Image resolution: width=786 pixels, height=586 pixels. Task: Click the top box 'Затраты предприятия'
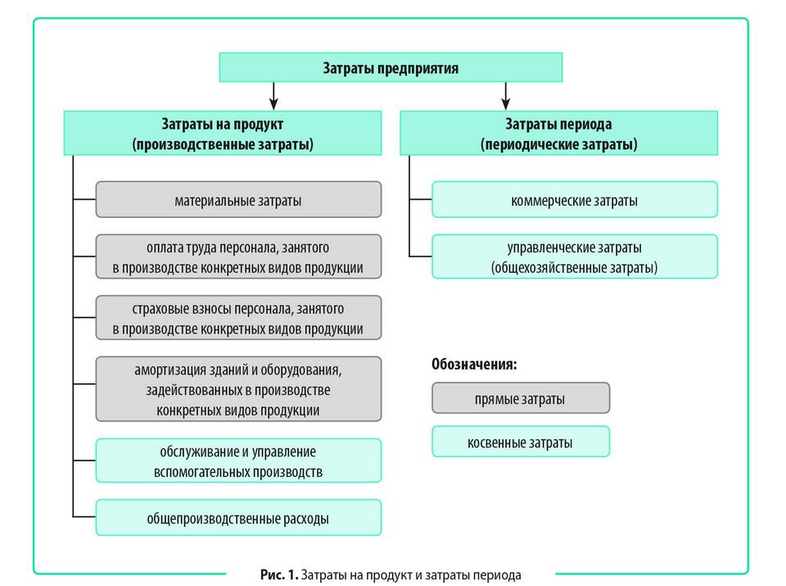click(x=390, y=68)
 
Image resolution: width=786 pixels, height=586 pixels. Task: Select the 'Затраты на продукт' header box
click(x=223, y=134)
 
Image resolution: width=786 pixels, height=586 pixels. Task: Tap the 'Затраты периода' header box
click(x=558, y=134)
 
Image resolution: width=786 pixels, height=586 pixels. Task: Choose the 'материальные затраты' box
click(x=238, y=200)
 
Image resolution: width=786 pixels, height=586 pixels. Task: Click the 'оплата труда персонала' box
click(x=238, y=257)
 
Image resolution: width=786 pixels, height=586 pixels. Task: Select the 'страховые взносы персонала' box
click(x=238, y=319)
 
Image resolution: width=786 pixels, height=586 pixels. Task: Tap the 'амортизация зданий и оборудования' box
click(x=238, y=388)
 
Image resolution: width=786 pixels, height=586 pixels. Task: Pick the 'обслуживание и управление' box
click(x=238, y=461)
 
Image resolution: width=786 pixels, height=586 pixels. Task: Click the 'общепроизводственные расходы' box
click(x=238, y=518)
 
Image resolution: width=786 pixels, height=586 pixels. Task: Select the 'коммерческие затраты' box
click(x=574, y=200)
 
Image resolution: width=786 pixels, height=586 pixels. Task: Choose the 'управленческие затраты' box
click(x=574, y=257)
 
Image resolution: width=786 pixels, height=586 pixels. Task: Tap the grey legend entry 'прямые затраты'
click(x=520, y=399)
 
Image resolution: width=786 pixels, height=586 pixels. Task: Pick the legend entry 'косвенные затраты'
click(x=520, y=443)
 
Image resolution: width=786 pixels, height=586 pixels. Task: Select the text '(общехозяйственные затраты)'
click(x=574, y=267)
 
